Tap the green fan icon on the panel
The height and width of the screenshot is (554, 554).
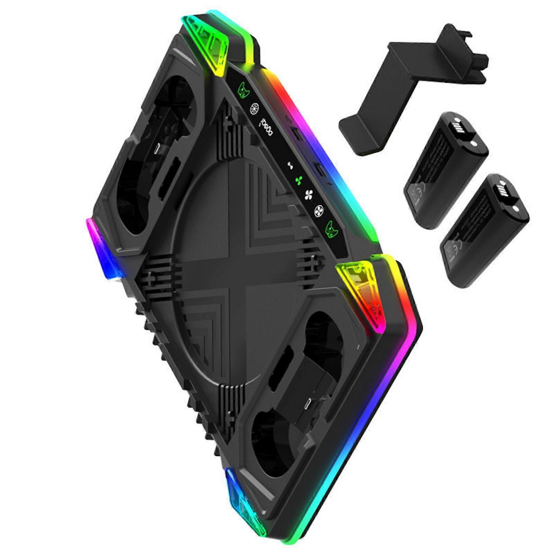298,180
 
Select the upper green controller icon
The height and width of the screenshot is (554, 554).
244,90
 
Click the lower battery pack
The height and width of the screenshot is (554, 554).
483,230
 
